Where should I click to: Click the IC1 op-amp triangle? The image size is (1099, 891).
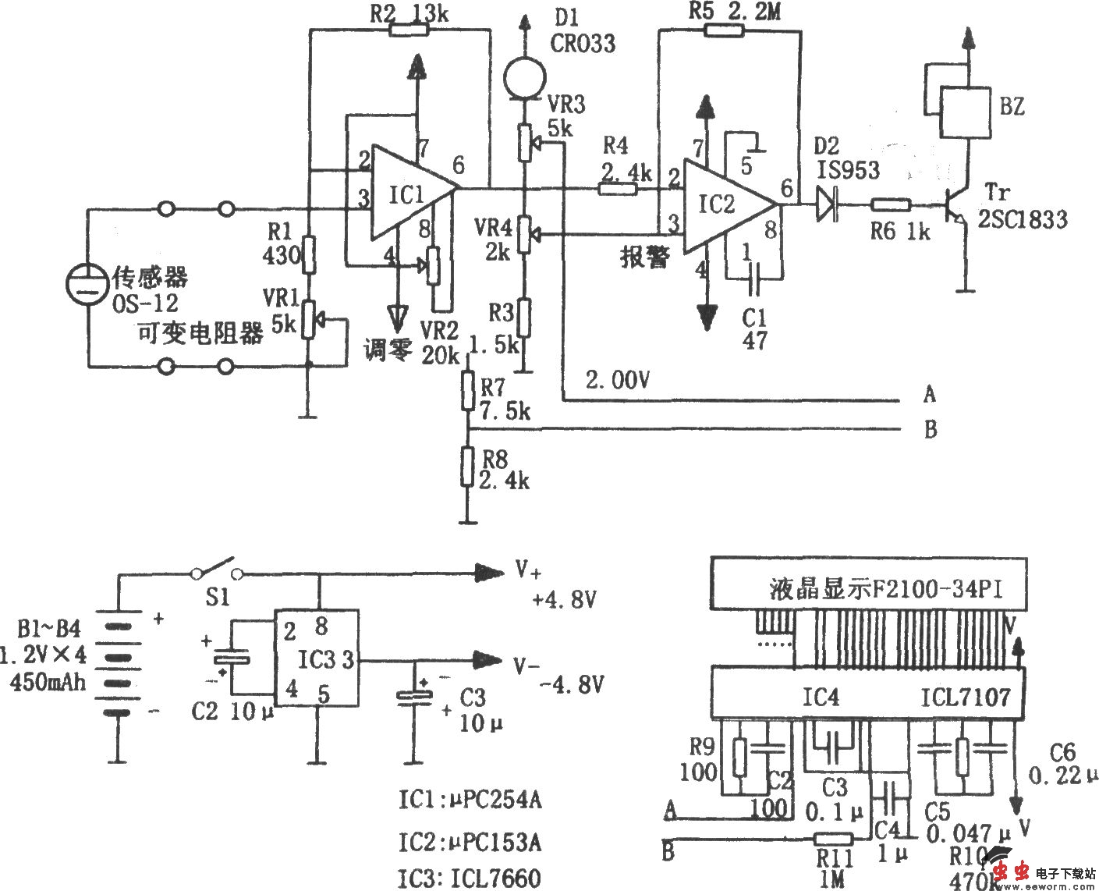409,192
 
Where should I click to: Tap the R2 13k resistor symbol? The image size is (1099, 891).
409,30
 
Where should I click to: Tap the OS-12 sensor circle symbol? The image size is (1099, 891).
85,285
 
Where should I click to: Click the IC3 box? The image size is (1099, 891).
316,659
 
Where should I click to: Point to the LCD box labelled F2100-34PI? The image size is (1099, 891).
868,584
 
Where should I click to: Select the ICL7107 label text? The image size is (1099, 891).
965,697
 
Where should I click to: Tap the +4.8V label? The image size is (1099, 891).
563,600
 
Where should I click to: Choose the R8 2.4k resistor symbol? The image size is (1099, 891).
466,466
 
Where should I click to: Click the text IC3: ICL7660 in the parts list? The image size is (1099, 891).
470,879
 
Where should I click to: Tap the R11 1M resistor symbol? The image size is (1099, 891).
833,840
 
